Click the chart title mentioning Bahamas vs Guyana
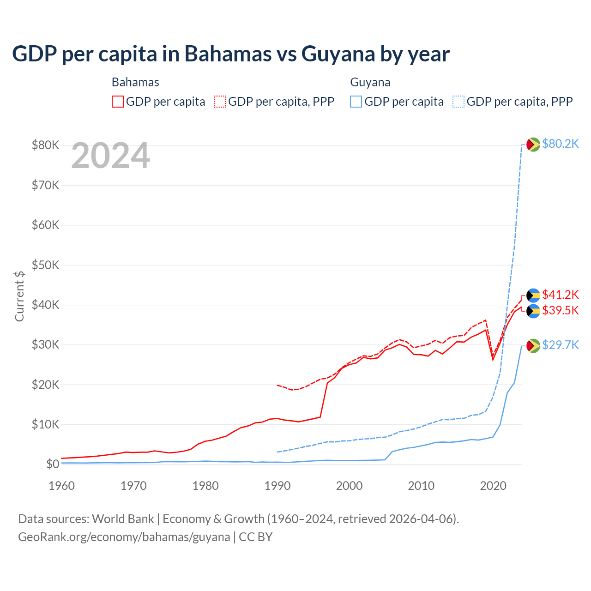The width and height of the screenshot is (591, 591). coord(231,54)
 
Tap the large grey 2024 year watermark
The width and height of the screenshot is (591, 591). coord(111,156)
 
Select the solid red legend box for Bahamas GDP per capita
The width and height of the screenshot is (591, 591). coord(118,102)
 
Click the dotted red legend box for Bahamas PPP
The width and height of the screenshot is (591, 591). coord(220,102)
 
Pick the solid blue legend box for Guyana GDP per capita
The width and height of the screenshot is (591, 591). coord(356,102)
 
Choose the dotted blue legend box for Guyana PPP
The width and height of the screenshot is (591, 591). coord(458,102)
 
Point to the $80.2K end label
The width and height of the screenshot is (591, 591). coord(560,144)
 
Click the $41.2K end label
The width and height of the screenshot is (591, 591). coord(560,295)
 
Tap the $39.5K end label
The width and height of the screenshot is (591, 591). coord(560,310)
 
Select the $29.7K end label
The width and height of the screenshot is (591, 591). coord(560,345)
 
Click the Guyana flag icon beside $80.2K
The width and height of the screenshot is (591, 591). coord(533,145)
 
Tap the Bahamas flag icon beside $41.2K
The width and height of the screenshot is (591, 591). coord(533,295)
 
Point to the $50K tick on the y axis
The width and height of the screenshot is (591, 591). coord(45,265)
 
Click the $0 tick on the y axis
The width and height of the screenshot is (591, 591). coord(53,464)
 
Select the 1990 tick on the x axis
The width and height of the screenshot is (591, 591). coord(277,486)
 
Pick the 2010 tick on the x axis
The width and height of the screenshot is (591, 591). coord(421,486)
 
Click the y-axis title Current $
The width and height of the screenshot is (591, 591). coord(19,296)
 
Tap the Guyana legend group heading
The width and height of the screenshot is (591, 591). coord(370,82)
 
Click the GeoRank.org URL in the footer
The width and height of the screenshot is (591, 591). coord(124,537)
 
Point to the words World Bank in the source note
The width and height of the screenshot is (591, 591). coord(123,519)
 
